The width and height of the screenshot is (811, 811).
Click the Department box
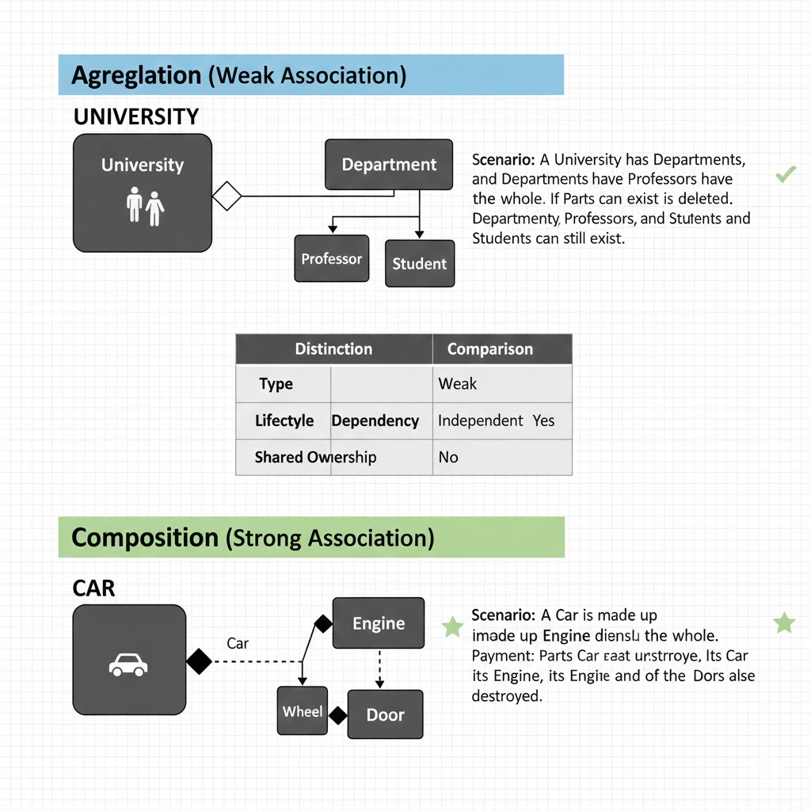[389, 165]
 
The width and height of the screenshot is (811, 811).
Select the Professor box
[332, 259]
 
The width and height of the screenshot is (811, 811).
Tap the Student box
[419, 264]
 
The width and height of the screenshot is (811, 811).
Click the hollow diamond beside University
[227, 196]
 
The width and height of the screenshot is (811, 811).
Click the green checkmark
[786, 174]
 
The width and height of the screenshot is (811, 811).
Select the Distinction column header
[333, 349]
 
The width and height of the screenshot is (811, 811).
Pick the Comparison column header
[489, 349]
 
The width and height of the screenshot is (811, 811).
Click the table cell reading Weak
[458, 384]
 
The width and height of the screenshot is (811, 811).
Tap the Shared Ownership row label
[315, 457]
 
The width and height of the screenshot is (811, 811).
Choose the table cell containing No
[448, 457]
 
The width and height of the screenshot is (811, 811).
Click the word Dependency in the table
[375, 421]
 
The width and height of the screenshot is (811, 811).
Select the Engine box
[379, 623]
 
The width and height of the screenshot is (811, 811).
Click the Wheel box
[303, 711]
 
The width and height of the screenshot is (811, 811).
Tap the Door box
[386, 715]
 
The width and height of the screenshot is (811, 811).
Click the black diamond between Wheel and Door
[338, 716]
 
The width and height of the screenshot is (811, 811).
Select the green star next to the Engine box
[452, 627]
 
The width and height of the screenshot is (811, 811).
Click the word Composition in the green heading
[144, 538]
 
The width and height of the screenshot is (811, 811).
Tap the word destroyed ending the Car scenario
[506, 696]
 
